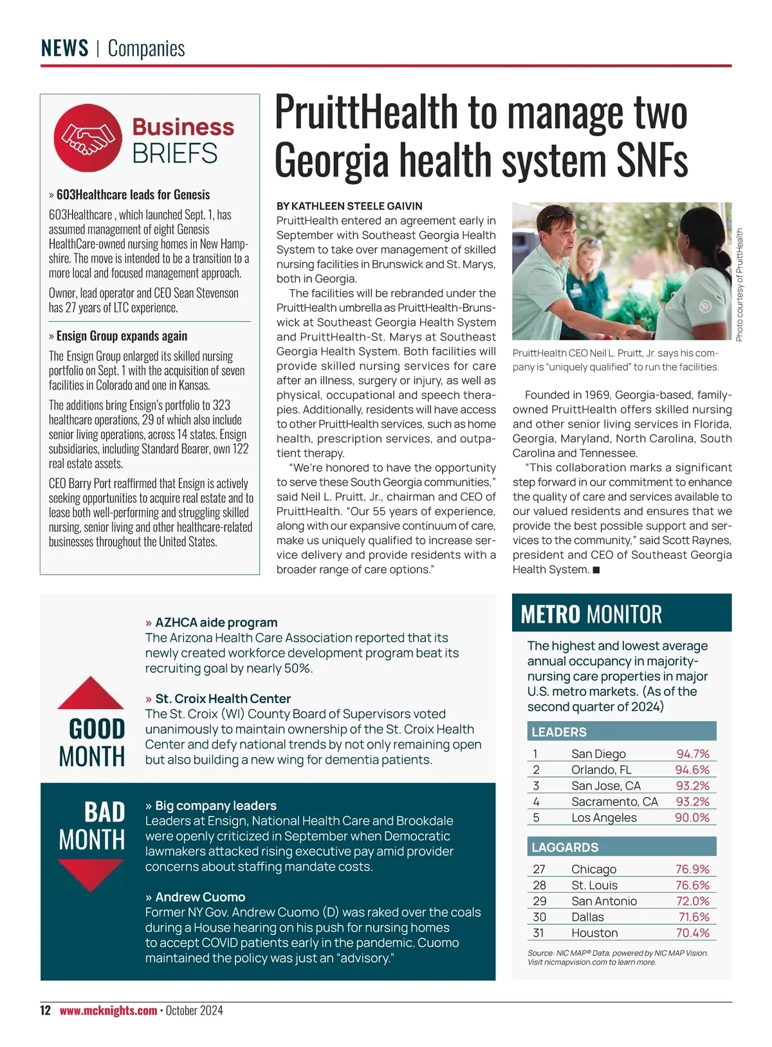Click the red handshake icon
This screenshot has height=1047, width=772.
point(87,138)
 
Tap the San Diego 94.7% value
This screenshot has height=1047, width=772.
point(692,754)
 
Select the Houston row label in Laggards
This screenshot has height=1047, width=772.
point(594,933)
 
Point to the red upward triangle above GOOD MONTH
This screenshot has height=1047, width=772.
point(91,693)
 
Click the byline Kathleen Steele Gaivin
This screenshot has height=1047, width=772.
point(349,206)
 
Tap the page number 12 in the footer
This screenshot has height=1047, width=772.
point(45,1010)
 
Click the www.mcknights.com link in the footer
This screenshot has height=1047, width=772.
point(108,1010)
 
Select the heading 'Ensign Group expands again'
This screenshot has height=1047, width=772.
point(122,336)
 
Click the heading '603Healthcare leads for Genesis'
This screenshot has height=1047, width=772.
point(133,194)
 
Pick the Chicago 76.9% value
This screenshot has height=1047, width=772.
point(692,869)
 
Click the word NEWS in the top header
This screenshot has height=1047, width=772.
point(64,48)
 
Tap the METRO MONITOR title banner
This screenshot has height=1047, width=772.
point(621,614)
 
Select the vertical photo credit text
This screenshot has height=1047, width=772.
point(739,285)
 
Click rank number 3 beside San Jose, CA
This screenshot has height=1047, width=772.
point(536,786)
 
